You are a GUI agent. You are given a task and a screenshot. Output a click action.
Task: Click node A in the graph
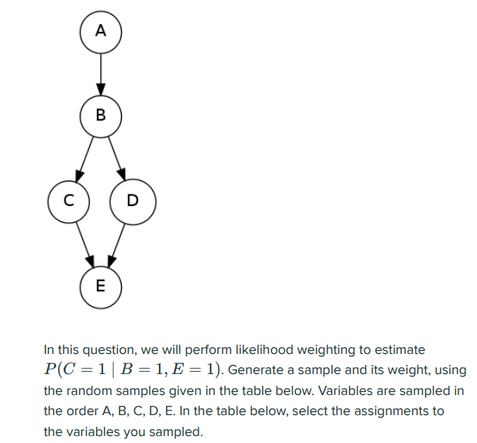tap(100, 32)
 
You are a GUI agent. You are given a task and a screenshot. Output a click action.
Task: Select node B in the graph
tap(100, 116)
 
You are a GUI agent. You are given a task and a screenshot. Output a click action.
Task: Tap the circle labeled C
tap(67, 201)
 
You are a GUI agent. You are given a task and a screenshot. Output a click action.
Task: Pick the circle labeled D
tap(133, 201)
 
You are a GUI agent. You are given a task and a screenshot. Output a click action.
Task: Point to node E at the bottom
tap(100, 285)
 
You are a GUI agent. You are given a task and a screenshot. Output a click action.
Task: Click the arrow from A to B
tap(100, 74)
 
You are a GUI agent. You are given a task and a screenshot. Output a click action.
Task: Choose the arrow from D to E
tap(116, 242)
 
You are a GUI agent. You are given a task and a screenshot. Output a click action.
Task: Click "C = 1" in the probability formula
tap(81, 369)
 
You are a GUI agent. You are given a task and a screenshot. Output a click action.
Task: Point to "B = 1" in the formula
tap(138, 369)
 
